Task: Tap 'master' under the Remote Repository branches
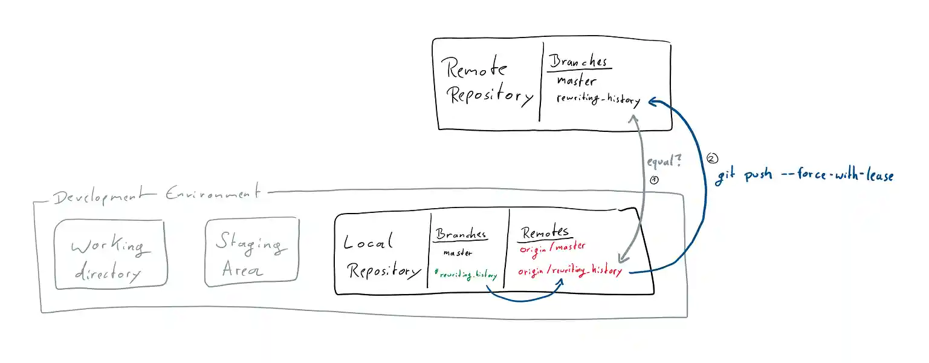[576, 80]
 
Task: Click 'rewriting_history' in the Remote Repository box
[597, 100]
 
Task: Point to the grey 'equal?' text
[664, 162]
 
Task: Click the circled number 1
[654, 180]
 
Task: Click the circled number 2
[712, 159]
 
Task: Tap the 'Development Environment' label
[157, 195]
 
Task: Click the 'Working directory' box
[109, 253]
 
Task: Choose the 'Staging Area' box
[251, 252]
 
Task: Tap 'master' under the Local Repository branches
[458, 253]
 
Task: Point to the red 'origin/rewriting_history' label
[569, 270]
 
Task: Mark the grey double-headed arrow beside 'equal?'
[635, 188]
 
